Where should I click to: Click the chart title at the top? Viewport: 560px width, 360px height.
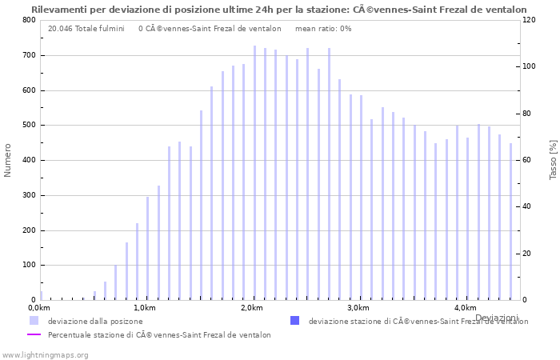click(279, 10)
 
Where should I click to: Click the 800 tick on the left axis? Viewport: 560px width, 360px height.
click(30, 20)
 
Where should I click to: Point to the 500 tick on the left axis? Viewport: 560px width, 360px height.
click(30, 126)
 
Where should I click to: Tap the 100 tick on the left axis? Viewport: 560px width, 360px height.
click(30, 266)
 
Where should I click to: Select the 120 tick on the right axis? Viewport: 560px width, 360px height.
click(529, 20)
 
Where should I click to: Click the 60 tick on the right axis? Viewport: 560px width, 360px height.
click(526, 160)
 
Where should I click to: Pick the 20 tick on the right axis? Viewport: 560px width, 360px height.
click(526, 254)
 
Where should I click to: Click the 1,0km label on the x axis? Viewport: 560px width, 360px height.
click(145, 308)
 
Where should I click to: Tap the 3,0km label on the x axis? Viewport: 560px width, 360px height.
click(358, 308)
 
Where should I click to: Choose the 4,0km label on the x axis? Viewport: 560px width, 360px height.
click(465, 308)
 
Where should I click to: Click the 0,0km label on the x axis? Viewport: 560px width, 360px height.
click(39, 308)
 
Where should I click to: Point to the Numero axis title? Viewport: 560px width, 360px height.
click(8, 160)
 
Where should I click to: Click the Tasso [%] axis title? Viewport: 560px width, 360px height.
click(553, 160)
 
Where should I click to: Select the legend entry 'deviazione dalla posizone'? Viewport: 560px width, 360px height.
click(95, 322)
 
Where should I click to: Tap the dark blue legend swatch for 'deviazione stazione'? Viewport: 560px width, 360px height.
click(294, 321)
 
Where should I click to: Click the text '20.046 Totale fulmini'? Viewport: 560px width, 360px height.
click(86, 29)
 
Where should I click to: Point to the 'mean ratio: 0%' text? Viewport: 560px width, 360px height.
click(323, 29)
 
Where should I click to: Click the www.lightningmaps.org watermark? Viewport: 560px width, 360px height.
click(45, 354)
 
